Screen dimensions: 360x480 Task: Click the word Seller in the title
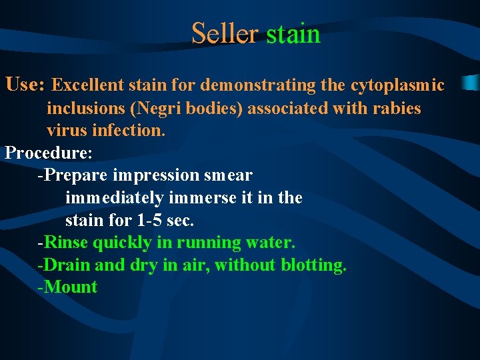point(224,33)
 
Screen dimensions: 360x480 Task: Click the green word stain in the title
point(293,33)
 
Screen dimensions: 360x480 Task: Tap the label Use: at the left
point(25,85)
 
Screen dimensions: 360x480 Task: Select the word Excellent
point(87,85)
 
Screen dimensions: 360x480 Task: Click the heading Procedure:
point(49,153)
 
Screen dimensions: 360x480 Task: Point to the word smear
point(230,175)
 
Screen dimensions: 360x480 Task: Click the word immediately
point(114,198)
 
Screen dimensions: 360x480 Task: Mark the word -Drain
point(65,265)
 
